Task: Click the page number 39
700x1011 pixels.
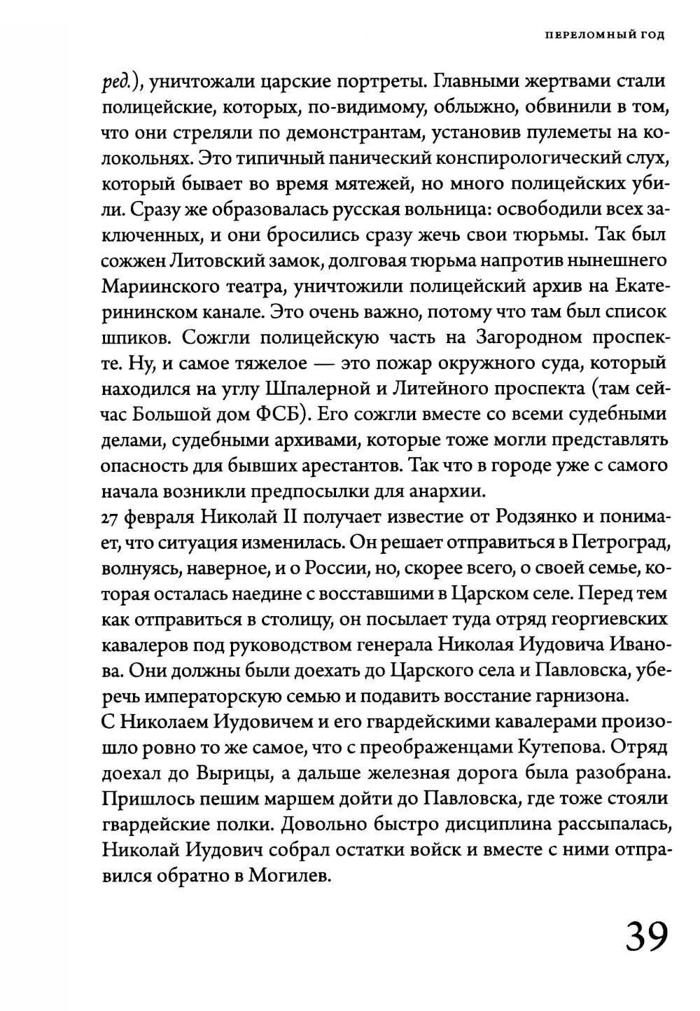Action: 647,936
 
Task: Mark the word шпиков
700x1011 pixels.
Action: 135,338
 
